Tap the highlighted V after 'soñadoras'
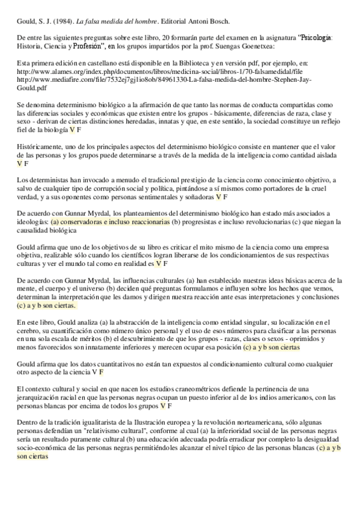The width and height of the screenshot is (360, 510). pyautogui.click(x=219, y=196)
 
